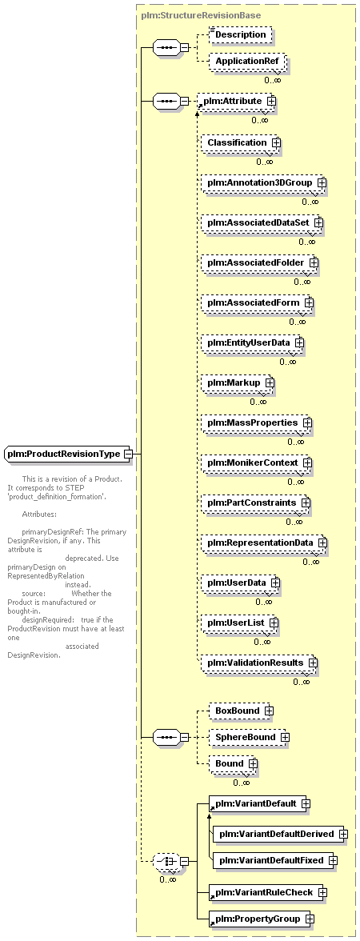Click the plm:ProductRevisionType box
[69, 454]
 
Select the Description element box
[240, 35]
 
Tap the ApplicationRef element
[246, 61]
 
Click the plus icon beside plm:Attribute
[272, 102]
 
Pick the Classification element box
[242, 142]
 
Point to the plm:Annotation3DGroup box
[263, 181]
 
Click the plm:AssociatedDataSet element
[262, 222]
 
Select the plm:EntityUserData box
[253, 342]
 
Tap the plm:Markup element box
[238, 382]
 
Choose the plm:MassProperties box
[257, 422]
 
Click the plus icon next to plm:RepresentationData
[322, 543]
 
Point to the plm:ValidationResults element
[259, 663]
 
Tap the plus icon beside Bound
[253, 763]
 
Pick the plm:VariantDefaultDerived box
[281, 834]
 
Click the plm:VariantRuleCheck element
[267, 892]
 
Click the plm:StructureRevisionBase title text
[201, 15]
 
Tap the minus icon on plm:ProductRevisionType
[127, 454]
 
